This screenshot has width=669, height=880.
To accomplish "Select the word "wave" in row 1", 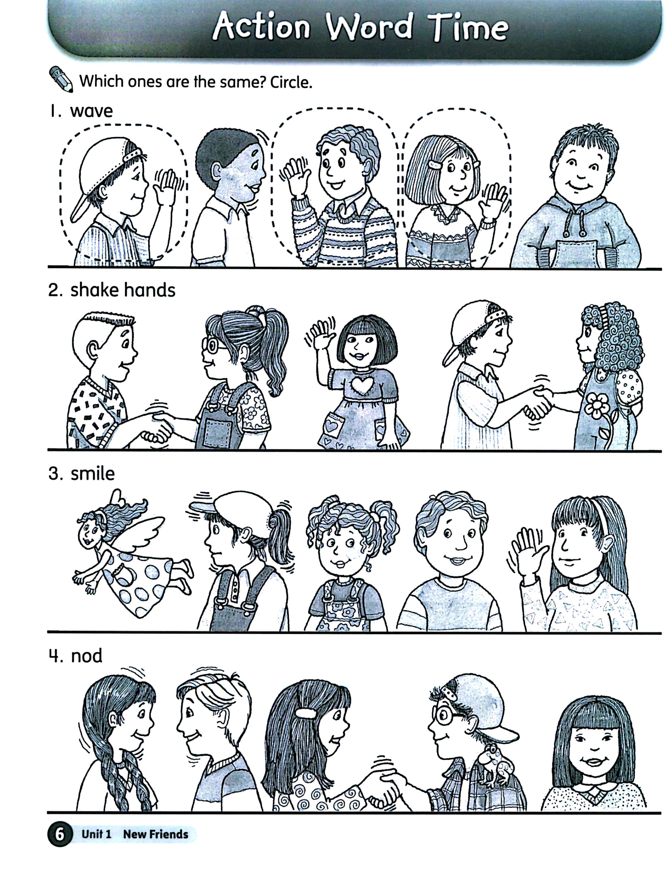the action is [x=91, y=111].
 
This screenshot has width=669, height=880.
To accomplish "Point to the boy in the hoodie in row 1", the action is [x=577, y=195].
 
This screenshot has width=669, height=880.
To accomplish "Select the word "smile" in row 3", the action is [x=92, y=473].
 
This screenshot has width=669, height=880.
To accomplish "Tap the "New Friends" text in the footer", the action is [x=155, y=834].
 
